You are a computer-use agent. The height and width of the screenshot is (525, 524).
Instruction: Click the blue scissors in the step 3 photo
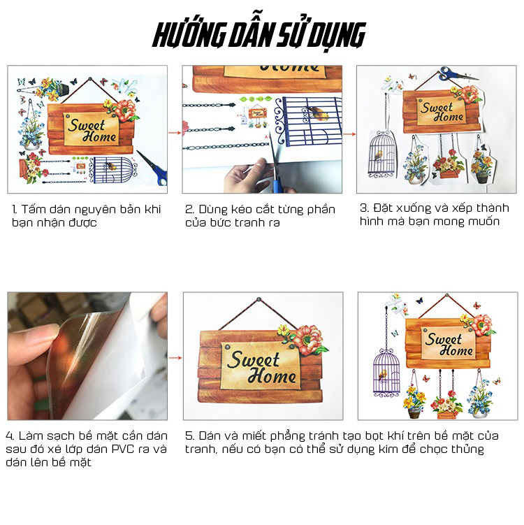458,74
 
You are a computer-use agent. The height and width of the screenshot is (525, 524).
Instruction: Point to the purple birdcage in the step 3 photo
381,154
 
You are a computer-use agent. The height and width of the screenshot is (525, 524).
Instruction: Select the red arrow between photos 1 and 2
175,133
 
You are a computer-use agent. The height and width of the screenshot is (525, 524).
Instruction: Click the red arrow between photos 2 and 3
349,134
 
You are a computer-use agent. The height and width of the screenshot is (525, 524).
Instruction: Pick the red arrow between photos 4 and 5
175,358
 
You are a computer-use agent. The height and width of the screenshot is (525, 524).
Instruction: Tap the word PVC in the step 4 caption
124,449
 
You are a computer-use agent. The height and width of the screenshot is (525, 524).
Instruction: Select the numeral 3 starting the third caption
363,208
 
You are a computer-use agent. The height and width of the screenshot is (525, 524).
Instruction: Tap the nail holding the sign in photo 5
259,299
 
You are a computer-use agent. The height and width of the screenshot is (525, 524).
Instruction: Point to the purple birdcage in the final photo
386,373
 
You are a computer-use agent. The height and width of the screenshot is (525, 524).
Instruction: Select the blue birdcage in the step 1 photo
113,170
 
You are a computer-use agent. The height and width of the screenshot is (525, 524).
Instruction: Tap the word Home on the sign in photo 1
99,136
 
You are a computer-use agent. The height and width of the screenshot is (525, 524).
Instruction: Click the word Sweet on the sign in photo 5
253,360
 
